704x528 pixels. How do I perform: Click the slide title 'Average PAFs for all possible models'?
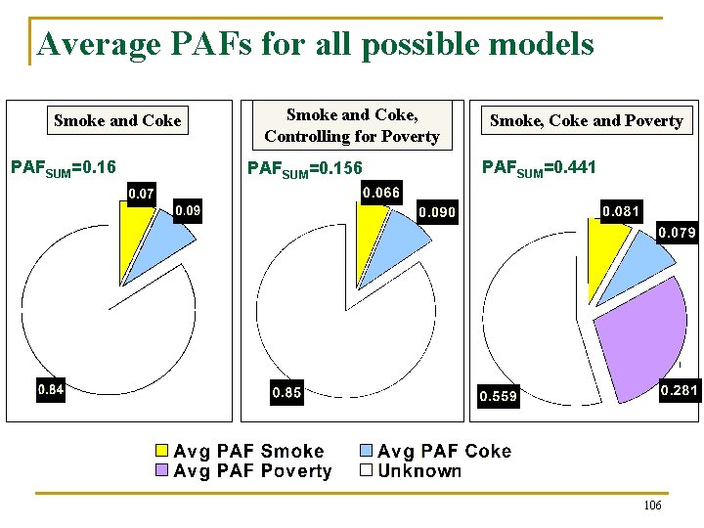tap(315, 44)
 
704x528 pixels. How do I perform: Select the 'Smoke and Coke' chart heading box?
tap(117, 121)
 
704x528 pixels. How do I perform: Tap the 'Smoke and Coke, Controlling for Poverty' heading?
tap(352, 126)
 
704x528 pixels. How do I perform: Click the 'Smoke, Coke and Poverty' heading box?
tap(586, 121)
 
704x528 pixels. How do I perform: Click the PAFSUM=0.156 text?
tap(305, 169)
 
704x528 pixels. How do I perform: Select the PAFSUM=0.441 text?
tap(539, 168)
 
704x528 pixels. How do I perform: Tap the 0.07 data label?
tap(141, 195)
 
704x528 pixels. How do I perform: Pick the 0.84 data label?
tap(51, 390)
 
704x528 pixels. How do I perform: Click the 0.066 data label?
tap(380, 193)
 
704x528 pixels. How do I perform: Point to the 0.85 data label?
tap(286, 393)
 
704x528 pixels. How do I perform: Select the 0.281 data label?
tap(679, 391)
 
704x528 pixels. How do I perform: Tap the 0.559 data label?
tap(498, 396)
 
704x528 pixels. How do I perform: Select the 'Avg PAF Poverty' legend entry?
tap(243, 471)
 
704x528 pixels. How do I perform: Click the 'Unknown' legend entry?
tap(410, 471)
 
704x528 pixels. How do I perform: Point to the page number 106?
tap(652, 506)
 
